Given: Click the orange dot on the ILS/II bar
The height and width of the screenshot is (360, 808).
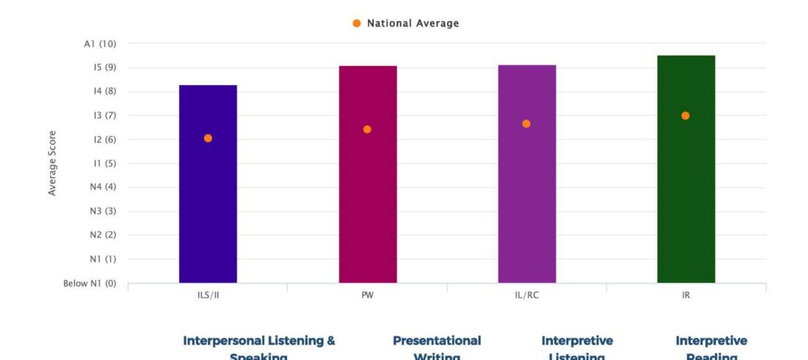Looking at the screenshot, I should click(208, 138).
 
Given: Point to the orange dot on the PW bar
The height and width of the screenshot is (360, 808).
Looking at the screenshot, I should click(367, 129).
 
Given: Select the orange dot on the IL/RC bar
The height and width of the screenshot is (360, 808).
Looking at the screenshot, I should click(527, 123).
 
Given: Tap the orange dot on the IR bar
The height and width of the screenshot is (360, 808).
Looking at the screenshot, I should click(685, 115).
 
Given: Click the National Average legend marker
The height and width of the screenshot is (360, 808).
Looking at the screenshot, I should click(357, 24).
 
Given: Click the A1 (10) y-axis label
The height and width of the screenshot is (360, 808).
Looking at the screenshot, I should click(100, 44).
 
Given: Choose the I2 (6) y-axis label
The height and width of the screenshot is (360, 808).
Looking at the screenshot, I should click(101, 140).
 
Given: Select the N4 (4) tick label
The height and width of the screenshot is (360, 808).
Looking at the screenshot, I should click(101, 187).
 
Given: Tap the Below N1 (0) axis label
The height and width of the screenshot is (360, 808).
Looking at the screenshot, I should click(90, 283).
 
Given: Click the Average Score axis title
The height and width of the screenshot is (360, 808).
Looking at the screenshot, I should click(52, 163).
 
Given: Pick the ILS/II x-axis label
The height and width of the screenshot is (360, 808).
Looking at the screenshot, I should click(208, 296).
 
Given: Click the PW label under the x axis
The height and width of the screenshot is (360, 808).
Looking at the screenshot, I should click(367, 296).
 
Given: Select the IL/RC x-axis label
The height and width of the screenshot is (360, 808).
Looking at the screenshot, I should click(527, 296).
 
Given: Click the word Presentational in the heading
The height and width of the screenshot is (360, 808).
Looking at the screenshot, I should click(436, 341).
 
